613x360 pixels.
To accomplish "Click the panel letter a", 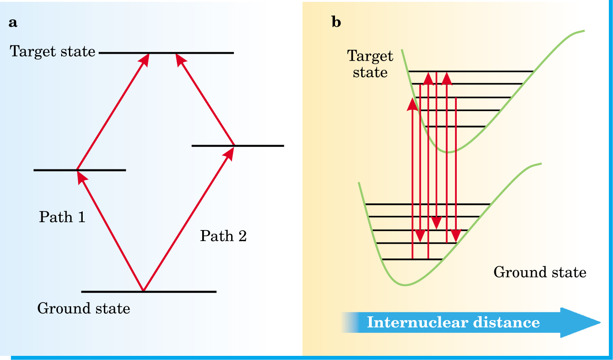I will (x=13, y=23).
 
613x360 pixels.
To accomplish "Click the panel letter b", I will (x=336, y=22).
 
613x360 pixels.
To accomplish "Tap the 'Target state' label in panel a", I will (x=52, y=51).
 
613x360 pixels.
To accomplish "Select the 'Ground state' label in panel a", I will (x=84, y=308).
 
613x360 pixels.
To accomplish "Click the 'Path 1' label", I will (x=62, y=217).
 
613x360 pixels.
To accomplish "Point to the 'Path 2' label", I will (x=224, y=236).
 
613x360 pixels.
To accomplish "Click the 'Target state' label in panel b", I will (x=370, y=64).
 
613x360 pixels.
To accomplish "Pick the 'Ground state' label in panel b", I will (x=540, y=272).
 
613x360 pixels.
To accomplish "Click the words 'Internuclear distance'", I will (x=454, y=322).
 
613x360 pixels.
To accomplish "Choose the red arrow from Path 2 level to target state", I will (x=205, y=100).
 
